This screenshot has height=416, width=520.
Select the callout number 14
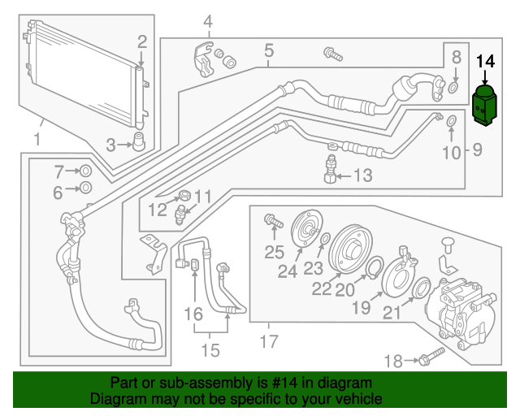tap(485, 60)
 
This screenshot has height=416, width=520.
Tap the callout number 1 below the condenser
tap(37, 140)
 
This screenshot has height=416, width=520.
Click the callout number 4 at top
tap(207, 20)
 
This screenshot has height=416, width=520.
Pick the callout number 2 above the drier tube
tap(141, 41)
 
